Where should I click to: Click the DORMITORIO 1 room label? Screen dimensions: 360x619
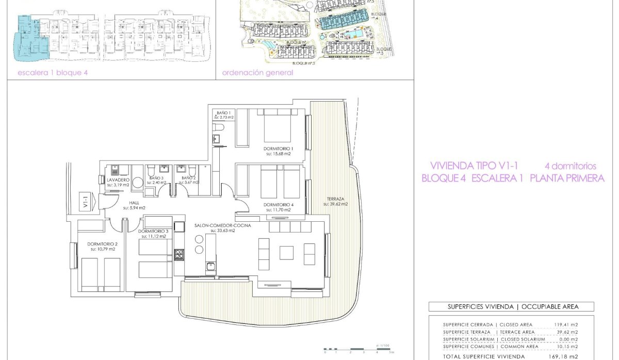(x=279, y=148)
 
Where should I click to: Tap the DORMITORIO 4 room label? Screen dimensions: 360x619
(x=279, y=205)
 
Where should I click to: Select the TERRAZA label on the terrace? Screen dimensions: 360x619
(x=335, y=199)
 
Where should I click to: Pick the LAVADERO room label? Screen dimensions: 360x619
(x=118, y=179)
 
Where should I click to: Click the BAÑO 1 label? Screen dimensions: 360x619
(x=223, y=112)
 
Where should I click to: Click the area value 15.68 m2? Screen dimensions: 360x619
(x=279, y=154)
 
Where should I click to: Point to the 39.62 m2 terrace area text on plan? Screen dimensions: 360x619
(x=335, y=204)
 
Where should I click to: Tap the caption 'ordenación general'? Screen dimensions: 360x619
(x=257, y=73)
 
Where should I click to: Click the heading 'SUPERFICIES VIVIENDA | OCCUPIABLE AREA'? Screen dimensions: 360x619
(x=511, y=306)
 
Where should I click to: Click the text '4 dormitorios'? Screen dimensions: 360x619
(x=571, y=166)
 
